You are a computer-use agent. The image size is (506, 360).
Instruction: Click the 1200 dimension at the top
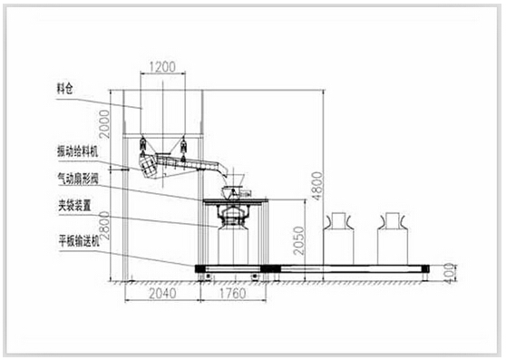[162, 67]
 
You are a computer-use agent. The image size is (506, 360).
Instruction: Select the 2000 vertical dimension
[104, 124]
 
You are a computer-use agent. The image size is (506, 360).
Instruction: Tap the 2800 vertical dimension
[104, 226]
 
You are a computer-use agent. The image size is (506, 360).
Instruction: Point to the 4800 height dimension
[317, 186]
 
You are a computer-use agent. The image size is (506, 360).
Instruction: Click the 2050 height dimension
[299, 240]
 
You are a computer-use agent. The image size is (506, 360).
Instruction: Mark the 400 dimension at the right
[449, 274]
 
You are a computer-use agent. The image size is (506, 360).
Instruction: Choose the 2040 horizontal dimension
[162, 294]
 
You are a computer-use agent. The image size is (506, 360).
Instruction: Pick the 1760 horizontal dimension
[233, 294]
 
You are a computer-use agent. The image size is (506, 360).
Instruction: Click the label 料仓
[65, 88]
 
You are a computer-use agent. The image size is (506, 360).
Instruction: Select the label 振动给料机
[77, 151]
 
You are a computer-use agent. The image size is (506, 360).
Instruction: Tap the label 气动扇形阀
[77, 179]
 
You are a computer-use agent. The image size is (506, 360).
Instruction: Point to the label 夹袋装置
[73, 206]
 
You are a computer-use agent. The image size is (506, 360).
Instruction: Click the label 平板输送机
[79, 241]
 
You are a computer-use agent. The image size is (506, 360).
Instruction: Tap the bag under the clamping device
[233, 245]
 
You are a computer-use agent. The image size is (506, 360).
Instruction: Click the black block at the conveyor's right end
[425, 268]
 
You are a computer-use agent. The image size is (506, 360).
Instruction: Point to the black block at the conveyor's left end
[200, 268]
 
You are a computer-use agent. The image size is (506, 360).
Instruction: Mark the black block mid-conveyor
[271, 268]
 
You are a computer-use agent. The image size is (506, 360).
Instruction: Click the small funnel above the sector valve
[238, 180]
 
